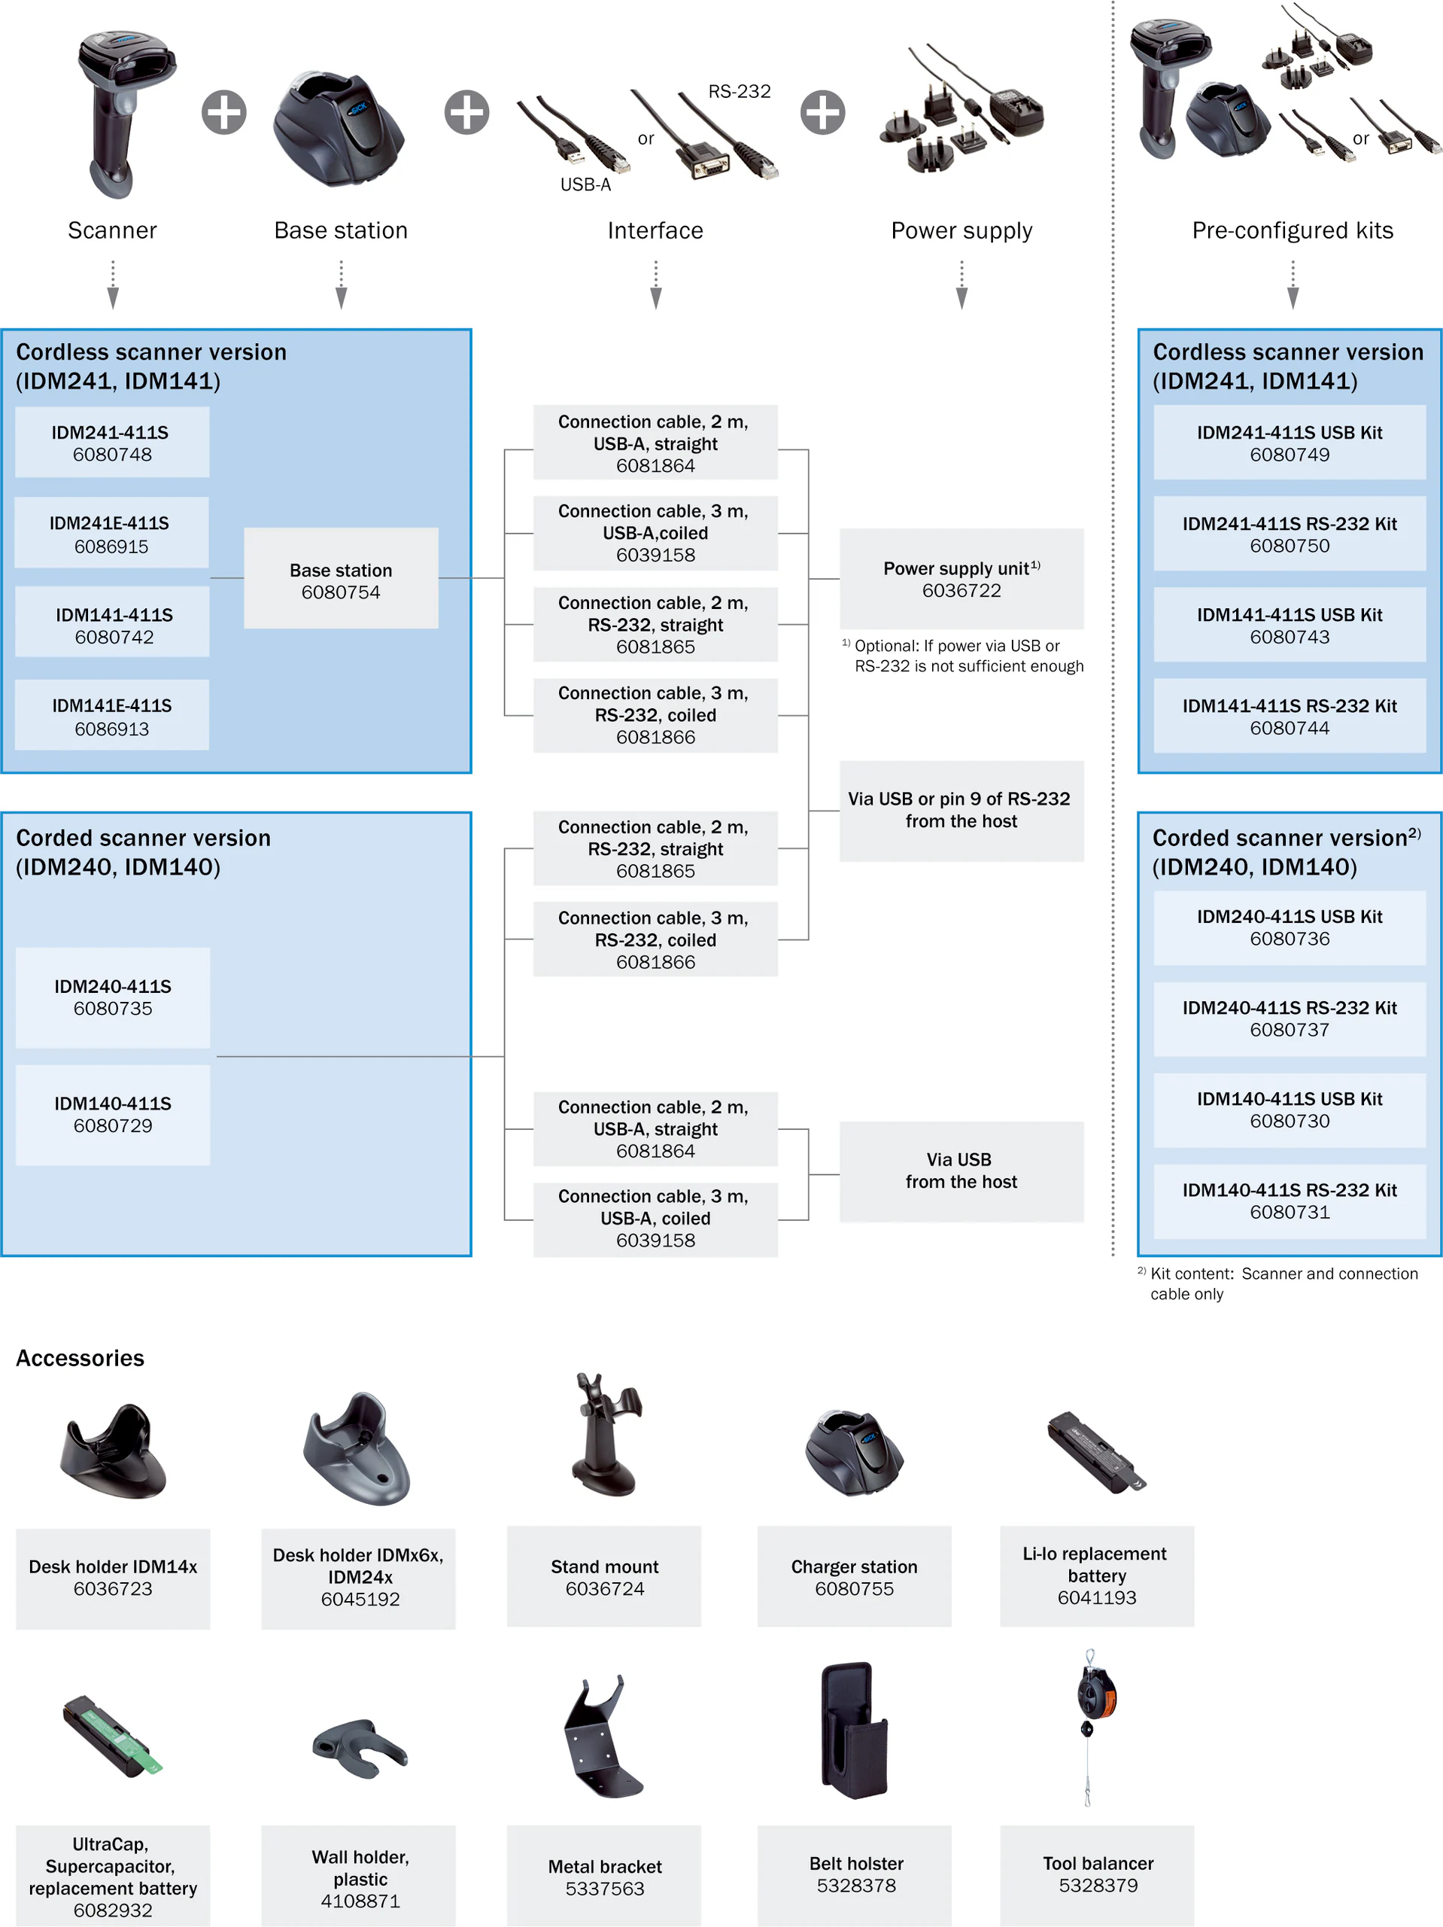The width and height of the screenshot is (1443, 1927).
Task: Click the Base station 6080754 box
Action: coord(341,578)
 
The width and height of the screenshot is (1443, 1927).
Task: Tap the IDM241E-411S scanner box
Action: coord(111,533)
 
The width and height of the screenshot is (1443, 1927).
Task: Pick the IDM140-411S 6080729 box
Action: coord(113,1114)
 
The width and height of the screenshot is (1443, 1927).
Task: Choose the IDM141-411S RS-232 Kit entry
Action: coord(1289,716)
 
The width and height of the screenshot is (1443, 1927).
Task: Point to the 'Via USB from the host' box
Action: coord(961,1171)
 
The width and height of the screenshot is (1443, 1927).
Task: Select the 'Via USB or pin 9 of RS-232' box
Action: coord(961,810)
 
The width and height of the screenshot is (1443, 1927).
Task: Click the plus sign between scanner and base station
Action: coord(223,112)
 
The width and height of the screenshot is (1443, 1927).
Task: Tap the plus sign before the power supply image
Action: coord(823,112)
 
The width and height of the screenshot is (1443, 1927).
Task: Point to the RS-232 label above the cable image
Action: coord(740,92)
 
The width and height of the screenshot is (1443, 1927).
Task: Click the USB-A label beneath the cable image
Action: coord(585,184)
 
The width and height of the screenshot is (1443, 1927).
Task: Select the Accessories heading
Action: coord(80,1358)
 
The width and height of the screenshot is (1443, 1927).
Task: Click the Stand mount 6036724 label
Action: coord(604,1577)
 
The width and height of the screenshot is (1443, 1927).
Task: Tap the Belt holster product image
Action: coord(853,1729)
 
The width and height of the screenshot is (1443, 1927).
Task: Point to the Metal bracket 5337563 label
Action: coord(604,1877)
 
